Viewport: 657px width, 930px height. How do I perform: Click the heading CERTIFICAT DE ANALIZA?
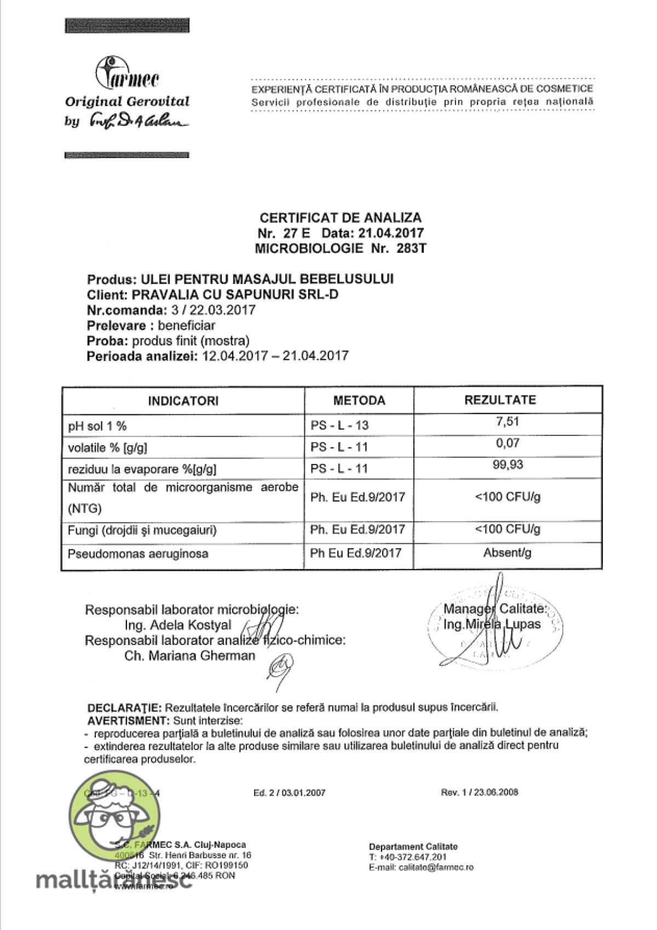click(340, 218)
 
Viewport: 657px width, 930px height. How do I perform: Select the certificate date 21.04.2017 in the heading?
click(391, 233)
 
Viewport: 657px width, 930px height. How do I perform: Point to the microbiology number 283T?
click(411, 248)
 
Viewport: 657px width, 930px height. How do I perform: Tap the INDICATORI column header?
click(183, 401)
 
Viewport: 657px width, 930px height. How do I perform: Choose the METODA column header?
click(359, 400)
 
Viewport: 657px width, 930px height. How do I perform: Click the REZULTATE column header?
click(500, 400)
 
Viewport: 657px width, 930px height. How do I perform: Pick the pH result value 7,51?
click(508, 422)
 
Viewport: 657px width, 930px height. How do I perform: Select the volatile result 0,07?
click(508, 443)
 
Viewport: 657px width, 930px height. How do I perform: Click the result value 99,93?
click(508, 465)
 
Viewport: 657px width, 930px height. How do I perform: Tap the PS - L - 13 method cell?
click(339, 425)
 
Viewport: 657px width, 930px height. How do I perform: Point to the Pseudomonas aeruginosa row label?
click(138, 554)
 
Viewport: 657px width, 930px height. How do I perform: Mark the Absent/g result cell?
click(507, 553)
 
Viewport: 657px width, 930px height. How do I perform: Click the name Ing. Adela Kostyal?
click(178, 625)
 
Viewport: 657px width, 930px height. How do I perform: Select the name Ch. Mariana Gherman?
click(189, 655)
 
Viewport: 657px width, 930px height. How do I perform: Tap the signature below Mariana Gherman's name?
click(280, 669)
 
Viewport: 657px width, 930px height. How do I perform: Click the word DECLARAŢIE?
click(124, 708)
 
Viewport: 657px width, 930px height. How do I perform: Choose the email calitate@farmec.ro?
click(436, 867)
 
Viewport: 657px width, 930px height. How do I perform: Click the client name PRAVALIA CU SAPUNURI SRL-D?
click(235, 295)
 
